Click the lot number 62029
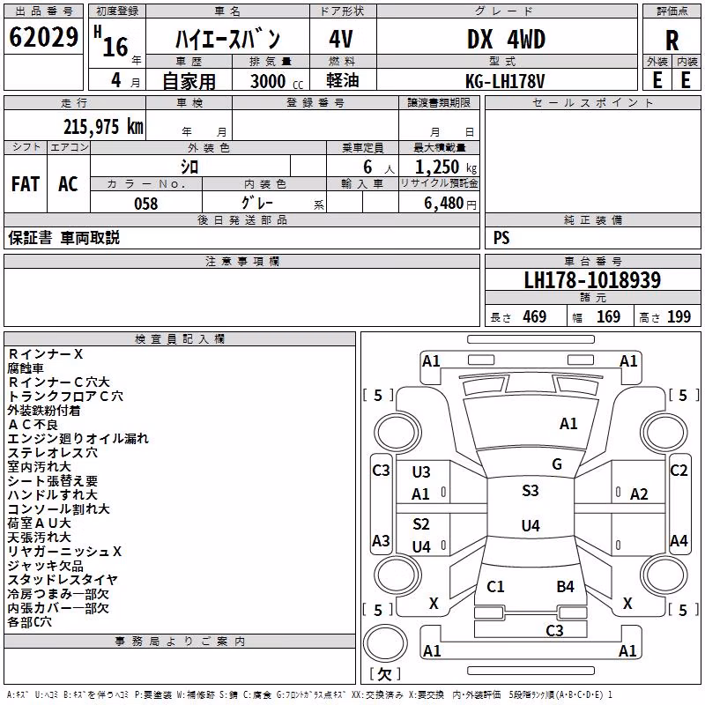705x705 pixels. click(x=43, y=37)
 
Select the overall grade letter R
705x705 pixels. click(x=672, y=41)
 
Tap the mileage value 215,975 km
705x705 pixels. click(x=103, y=127)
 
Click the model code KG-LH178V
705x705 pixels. click(x=505, y=81)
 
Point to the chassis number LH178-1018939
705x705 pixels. click(x=592, y=280)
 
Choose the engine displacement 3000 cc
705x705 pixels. click(x=277, y=81)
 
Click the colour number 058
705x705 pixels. click(x=146, y=204)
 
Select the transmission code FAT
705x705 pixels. click(x=26, y=184)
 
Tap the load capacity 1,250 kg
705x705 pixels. click(x=446, y=167)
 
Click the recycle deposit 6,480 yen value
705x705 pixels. click(x=450, y=204)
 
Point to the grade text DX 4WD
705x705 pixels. click(x=506, y=39)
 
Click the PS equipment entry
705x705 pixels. click(x=501, y=238)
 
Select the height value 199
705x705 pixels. click(x=679, y=317)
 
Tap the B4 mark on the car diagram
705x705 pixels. click(x=565, y=586)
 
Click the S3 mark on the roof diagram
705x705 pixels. click(x=531, y=490)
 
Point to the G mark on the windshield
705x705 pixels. click(x=557, y=464)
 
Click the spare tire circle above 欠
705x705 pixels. click(x=385, y=643)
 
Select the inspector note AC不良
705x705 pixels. click(x=33, y=425)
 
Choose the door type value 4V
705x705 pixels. click(x=341, y=39)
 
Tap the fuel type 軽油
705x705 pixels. click(x=343, y=81)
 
